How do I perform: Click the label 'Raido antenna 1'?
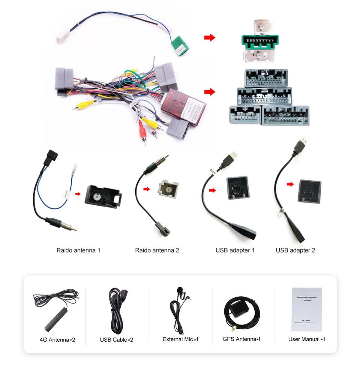click(78, 250)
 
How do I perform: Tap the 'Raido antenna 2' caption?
click(157, 250)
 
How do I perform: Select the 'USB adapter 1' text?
click(235, 250)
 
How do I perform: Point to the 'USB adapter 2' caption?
click(295, 250)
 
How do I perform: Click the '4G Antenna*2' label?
click(57, 340)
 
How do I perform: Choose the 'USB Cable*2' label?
click(116, 340)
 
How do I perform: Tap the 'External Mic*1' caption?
click(180, 339)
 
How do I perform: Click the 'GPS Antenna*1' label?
click(241, 339)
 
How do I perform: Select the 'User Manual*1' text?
click(307, 339)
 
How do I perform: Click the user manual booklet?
click(307, 309)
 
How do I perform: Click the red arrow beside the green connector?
click(210, 38)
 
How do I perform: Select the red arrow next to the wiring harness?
click(210, 92)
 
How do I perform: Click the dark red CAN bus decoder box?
click(183, 107)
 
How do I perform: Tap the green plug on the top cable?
click(179, 46)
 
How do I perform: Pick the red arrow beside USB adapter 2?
click(290, 184)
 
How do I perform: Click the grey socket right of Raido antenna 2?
click(168, 189)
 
